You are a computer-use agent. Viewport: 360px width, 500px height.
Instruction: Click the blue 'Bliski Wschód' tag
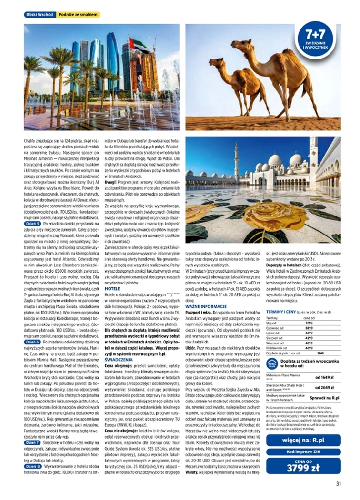[39, 15]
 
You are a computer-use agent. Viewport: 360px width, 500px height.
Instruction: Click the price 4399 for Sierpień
[308, 338]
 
